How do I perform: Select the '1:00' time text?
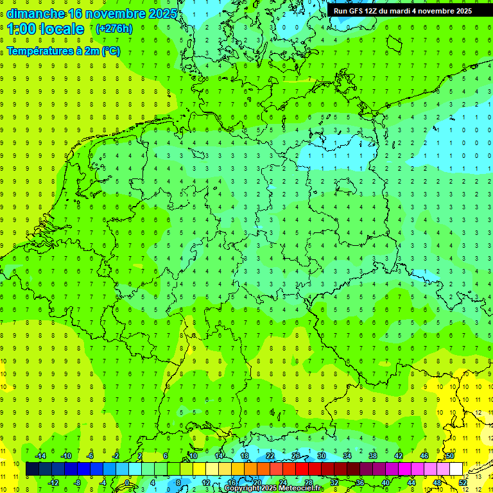21,29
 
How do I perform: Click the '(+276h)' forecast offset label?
114,29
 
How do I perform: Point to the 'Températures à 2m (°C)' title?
63,51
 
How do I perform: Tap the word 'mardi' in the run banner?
401,11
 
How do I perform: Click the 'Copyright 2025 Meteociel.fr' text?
273,489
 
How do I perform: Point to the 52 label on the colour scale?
463,482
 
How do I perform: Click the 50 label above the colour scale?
450,456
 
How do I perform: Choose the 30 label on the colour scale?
321,456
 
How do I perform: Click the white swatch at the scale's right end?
456,469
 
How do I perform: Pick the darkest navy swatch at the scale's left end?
32,469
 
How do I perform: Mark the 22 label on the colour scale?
270,456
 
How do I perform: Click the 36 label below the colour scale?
359,482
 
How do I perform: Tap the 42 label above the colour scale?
398,456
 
